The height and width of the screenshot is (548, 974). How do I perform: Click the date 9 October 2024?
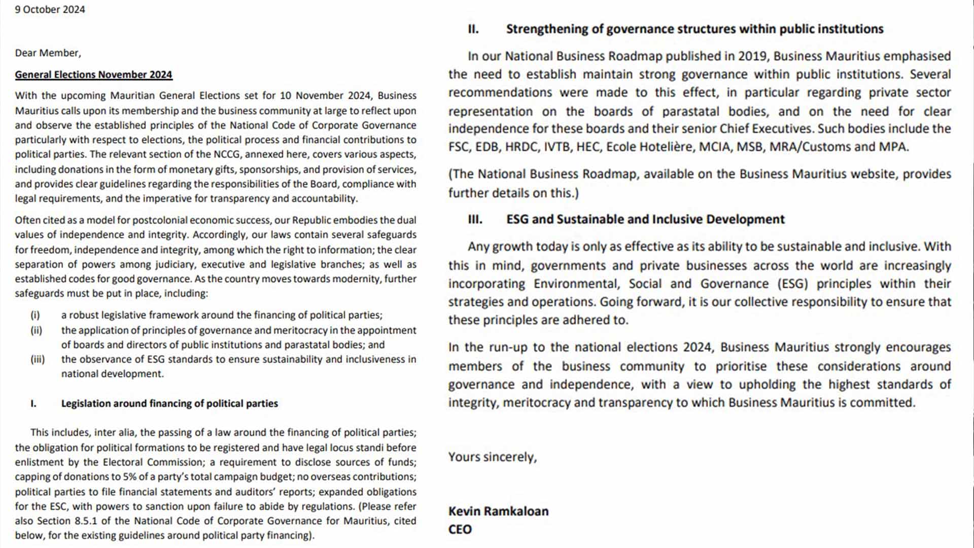(x=50, y=10)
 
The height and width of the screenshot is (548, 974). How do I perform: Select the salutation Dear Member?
(x=48, y=53)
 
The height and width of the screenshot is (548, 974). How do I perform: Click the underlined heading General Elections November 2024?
(x=93, y=75)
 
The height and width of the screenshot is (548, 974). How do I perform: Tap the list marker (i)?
(x=35, y=315)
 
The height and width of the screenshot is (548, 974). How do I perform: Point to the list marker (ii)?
(x=36, y=330)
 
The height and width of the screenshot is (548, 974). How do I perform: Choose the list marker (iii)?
(x=38, y=359)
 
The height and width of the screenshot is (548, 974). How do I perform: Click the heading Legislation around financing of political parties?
(x=169, y=403)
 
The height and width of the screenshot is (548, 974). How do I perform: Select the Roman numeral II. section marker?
(x=473, y=29)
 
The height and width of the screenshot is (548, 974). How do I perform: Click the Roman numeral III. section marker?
(x=475, y=219)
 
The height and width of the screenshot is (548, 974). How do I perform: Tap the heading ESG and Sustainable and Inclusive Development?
(x=645, y=219)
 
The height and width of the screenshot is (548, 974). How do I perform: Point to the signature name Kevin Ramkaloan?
(x=498, y=511)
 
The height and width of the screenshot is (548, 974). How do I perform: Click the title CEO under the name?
(x=460, y=529)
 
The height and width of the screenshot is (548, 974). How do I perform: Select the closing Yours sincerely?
(x=492, y=457)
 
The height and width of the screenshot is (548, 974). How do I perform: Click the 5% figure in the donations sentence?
(x=129, y=477)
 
